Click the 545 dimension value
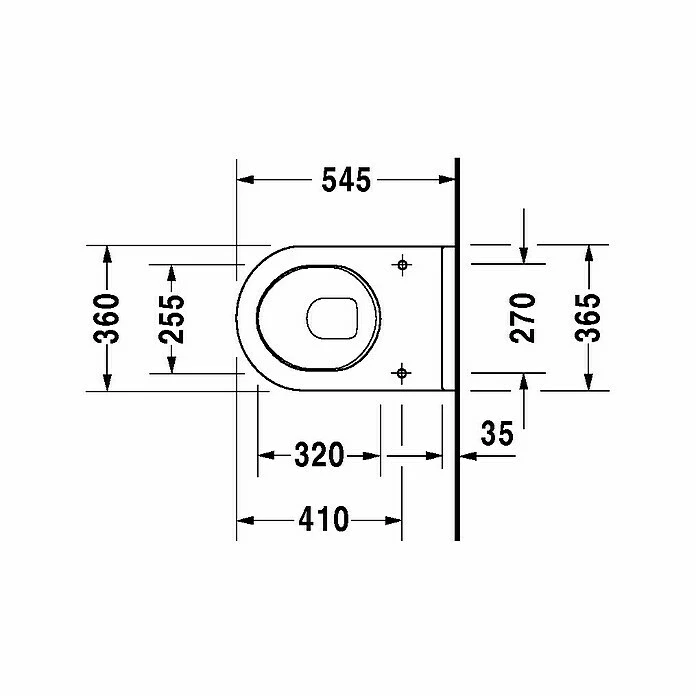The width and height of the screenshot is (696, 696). click(x=346, y=180)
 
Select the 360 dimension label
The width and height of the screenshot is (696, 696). click(x=107, y=318)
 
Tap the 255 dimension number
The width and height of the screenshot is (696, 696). click(x=172, y=318)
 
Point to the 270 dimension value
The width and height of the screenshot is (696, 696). click(x=524, y=318)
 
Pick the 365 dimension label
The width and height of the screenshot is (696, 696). click(x=591, y=318)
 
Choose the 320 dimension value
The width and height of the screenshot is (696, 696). click(x=319, y=456)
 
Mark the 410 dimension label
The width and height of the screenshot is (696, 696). click(x=322, y=520)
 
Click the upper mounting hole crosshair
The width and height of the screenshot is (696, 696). click(x=402, y=265)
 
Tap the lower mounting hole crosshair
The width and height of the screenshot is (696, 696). click(x=402, y=373)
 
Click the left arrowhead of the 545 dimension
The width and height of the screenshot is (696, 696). click(x=243, y=180)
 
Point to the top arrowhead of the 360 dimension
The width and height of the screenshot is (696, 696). click(x=107, y=253)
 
